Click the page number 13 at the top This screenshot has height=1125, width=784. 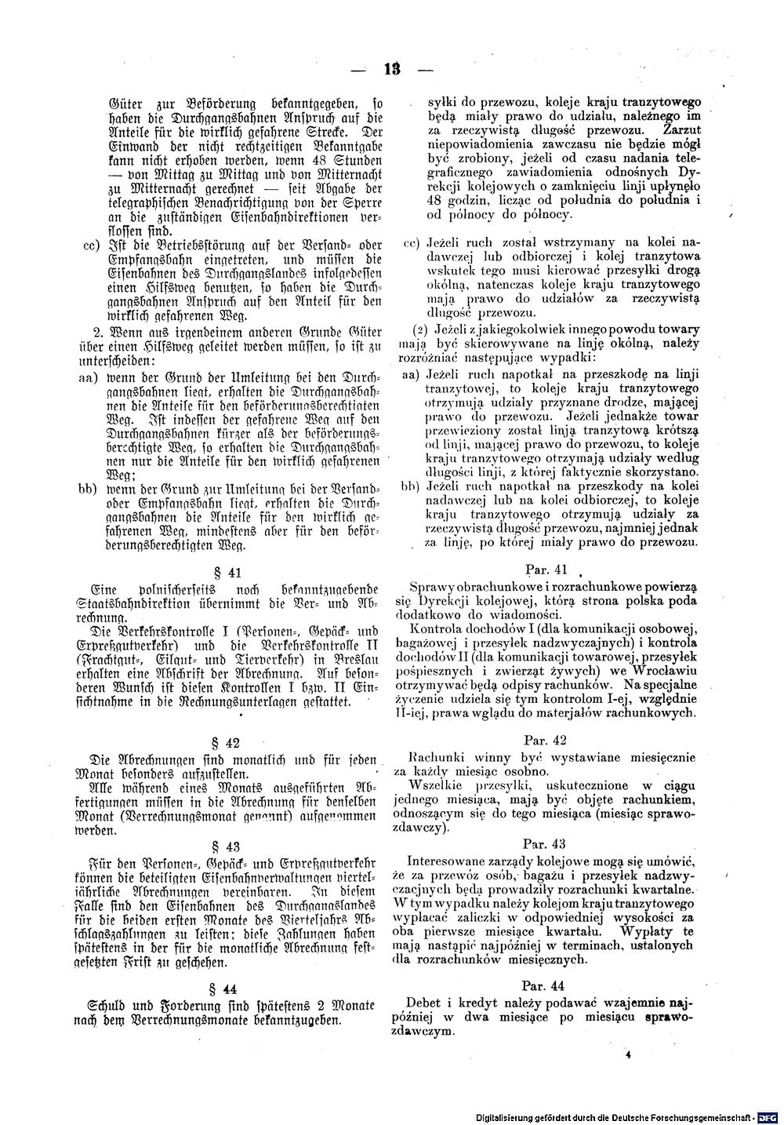click(392, 69)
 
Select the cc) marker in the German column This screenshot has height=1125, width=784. click(89, 246)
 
